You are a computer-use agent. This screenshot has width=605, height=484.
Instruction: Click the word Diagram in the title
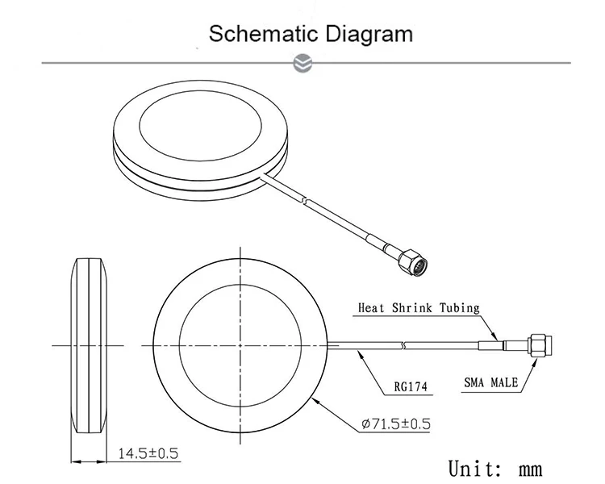point(368,34)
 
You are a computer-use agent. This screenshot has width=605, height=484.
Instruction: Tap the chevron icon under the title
point(303,62)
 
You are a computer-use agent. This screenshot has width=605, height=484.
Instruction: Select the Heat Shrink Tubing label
point(419,307)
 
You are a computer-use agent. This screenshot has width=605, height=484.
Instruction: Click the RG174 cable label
point(409,386)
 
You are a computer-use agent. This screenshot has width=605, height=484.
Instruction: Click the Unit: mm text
point(494,467)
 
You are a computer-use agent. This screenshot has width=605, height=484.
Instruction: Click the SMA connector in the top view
point(541,345)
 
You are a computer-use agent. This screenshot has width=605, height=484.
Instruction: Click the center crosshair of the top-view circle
point(240,345)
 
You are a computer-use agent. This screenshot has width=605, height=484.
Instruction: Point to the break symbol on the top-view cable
point(404,345)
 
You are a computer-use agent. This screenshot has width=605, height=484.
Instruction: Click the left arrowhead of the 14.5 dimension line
point(76,461)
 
